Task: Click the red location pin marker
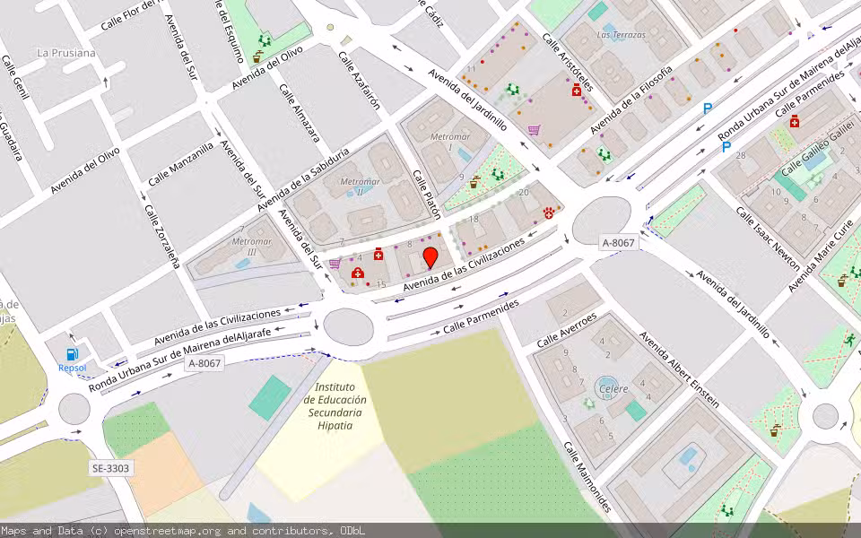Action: (430, 257)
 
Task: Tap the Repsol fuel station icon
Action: (73, 355)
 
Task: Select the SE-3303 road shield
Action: (110, 468)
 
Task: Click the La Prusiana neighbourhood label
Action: (65, 53)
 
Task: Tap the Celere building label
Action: (613, 388)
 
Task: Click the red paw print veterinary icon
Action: (548, 213)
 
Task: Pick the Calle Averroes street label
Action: (566, 331)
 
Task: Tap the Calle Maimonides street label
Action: (587, 476)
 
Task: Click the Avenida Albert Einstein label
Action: (678, 369)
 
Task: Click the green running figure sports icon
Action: (849, 340)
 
